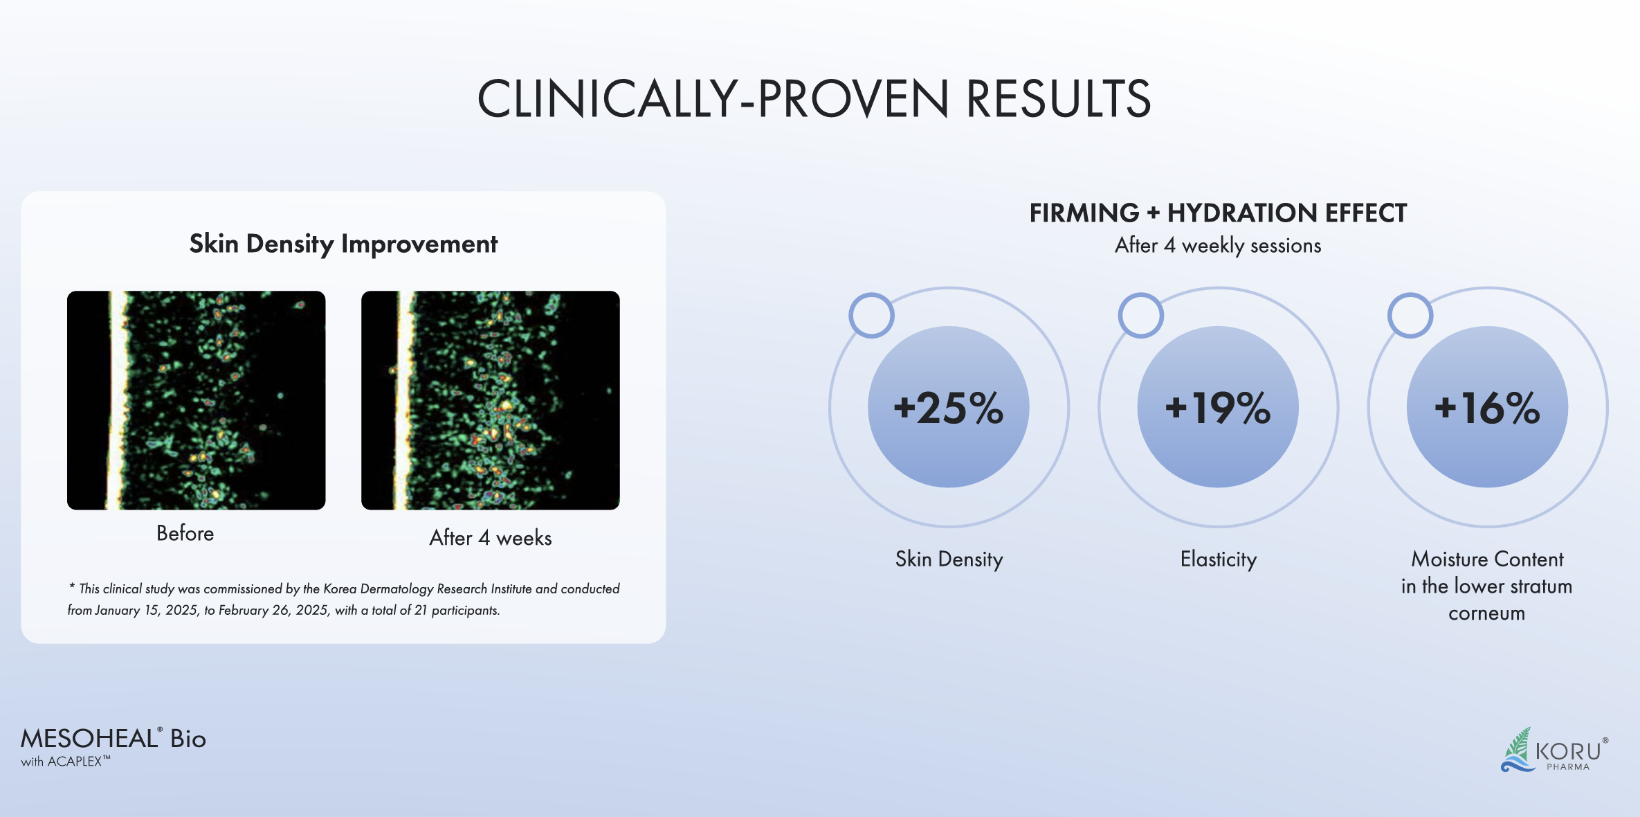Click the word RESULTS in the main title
1058,98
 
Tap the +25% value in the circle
949,408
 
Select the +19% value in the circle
1218,408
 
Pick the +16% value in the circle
1487,408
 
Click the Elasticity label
1218,559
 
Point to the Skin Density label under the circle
949,559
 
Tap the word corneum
1486,613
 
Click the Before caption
185,533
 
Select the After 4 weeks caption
490,538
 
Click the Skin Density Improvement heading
343,244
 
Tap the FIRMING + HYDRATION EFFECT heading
1218,213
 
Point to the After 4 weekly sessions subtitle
1218,245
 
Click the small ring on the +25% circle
872,316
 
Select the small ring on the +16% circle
1410,316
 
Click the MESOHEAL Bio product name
113,739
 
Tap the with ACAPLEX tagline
65,762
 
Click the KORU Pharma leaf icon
1518,749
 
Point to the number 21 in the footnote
420,610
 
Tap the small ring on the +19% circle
1141,316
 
